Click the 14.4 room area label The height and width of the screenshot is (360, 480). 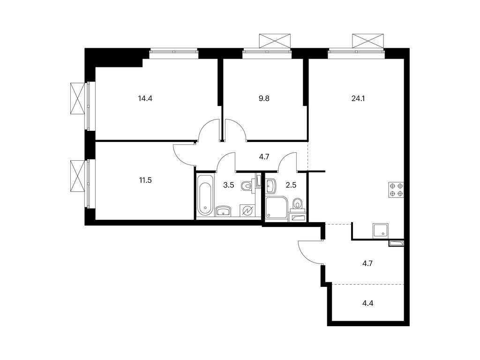(145, 99)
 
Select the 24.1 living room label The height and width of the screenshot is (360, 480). (358, 99)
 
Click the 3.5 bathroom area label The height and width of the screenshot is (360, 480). (228, 185)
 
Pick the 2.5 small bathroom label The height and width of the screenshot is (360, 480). (291, 185)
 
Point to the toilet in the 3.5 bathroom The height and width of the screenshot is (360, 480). (247, 187)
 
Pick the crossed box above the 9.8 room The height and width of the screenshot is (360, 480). (275, 40)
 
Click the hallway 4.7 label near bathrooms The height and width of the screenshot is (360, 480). (264, 157)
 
